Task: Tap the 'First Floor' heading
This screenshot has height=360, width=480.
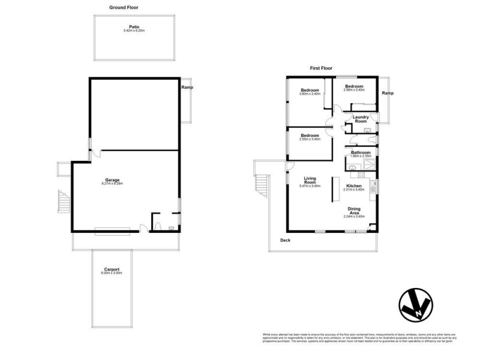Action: (321, 68)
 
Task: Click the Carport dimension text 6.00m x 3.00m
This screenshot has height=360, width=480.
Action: (113, 274)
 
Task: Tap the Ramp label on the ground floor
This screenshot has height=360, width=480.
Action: (187, 88)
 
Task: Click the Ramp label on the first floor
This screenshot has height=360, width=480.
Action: (388, 93)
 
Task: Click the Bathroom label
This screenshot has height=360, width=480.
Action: (361, 152)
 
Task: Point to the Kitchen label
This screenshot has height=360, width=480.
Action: (355, 186)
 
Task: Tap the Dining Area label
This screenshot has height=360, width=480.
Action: (354, 211)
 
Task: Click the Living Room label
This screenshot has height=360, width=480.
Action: (310, 180)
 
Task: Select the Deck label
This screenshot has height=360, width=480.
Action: (286, 241)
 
